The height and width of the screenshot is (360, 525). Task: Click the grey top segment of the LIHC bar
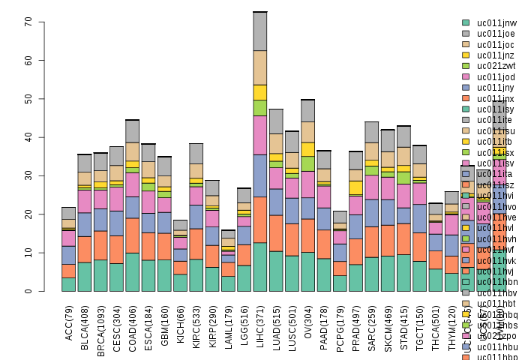(260, 31)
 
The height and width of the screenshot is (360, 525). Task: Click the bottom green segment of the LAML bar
(228, 283)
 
